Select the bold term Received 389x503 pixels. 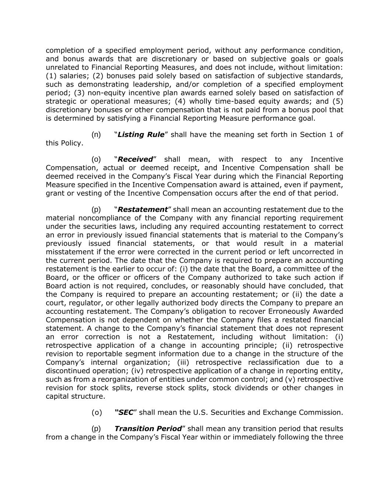coord(135,159)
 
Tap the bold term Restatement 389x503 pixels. coord(143,209)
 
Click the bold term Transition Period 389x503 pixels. coord(148,429)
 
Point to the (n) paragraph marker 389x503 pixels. coord(96,135)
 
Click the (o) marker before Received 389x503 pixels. coord(96,159)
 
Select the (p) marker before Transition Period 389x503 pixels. coord(96,429)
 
